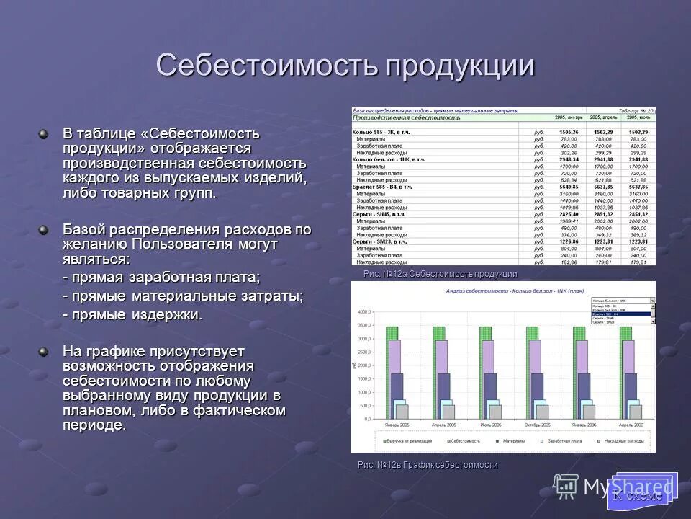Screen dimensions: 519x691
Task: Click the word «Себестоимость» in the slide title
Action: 266,66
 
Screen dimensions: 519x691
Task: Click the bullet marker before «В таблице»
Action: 44,134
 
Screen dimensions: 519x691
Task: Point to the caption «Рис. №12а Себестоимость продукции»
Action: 440,274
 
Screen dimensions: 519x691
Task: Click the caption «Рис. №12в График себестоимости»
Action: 428,465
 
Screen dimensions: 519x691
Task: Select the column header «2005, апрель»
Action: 603,117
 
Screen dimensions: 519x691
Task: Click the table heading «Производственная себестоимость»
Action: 406,117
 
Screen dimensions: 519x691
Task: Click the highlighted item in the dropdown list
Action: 620,314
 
